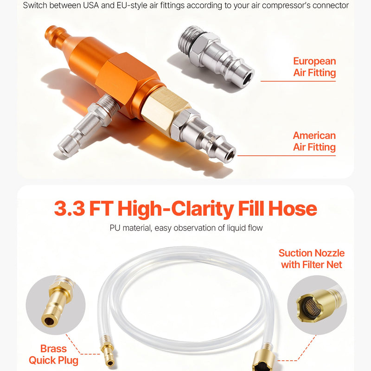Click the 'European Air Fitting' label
[314, 67]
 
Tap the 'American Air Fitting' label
[314, 141]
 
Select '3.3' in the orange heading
[69, 208]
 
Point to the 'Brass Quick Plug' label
[53, 354]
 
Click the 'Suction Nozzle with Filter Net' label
[311, 259]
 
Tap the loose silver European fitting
[216, 56]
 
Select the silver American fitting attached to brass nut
[204, 135]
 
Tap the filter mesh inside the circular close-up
[312, 306]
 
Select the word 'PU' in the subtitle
[115, 228]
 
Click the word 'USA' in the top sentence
[90, 5]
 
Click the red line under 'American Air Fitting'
[287, 156]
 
